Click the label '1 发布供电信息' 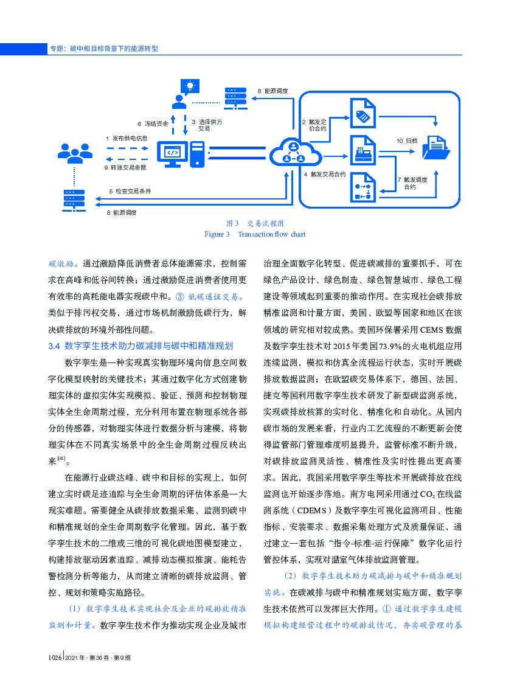click(127, 139)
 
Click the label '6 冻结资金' click(153, 123)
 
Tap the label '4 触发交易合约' click(324, 175)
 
